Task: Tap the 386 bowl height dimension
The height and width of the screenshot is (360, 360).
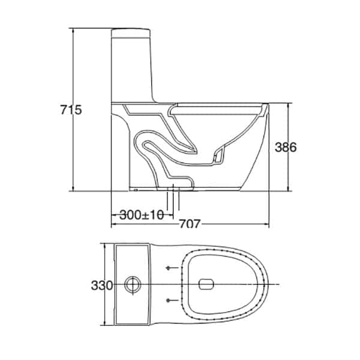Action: click(286, 148)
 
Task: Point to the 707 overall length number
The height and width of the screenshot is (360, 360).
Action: click(190, 226)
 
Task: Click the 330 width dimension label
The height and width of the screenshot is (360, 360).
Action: click(103, 285)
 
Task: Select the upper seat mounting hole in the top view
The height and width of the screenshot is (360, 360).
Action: click(169, 268)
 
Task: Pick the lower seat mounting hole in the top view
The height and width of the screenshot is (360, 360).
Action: click(169, 299)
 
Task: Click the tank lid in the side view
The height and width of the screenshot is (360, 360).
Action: click(132, 30)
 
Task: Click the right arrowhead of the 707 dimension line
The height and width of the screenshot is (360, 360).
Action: click(267, 226)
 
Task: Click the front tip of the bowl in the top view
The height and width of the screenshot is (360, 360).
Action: click(265, 283)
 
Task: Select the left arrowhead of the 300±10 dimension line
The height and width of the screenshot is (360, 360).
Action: click(113, 214)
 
